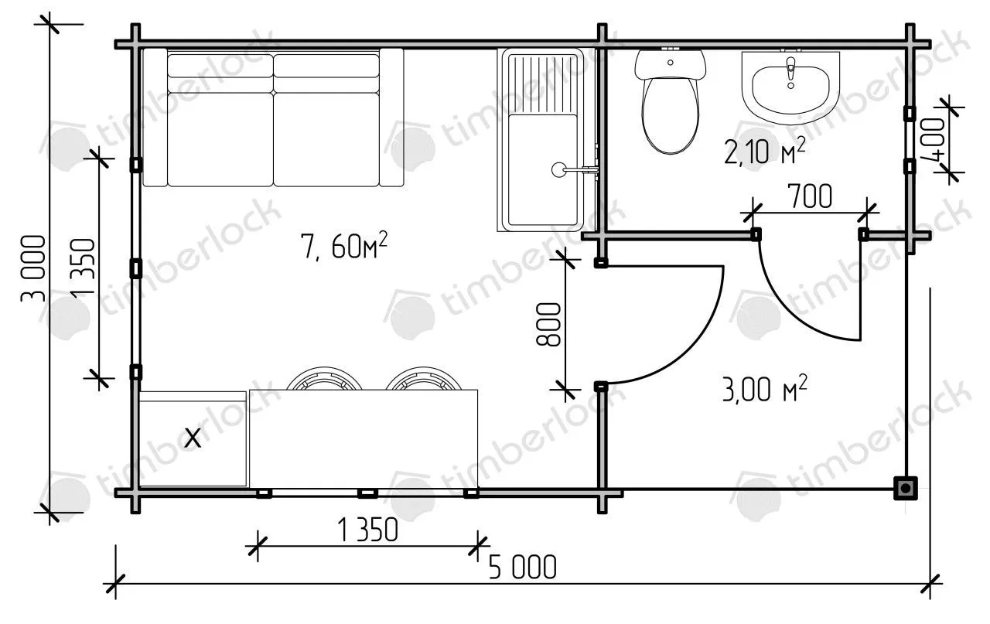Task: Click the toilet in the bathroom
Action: tap(670, 101)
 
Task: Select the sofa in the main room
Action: tap(273, 118)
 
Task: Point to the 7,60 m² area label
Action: tap(344, 246)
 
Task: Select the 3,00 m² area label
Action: tap(765, 389)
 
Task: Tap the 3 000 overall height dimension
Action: tap(32, 268)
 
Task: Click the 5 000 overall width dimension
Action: tap(522, 568)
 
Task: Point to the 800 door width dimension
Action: tap(548, 324)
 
